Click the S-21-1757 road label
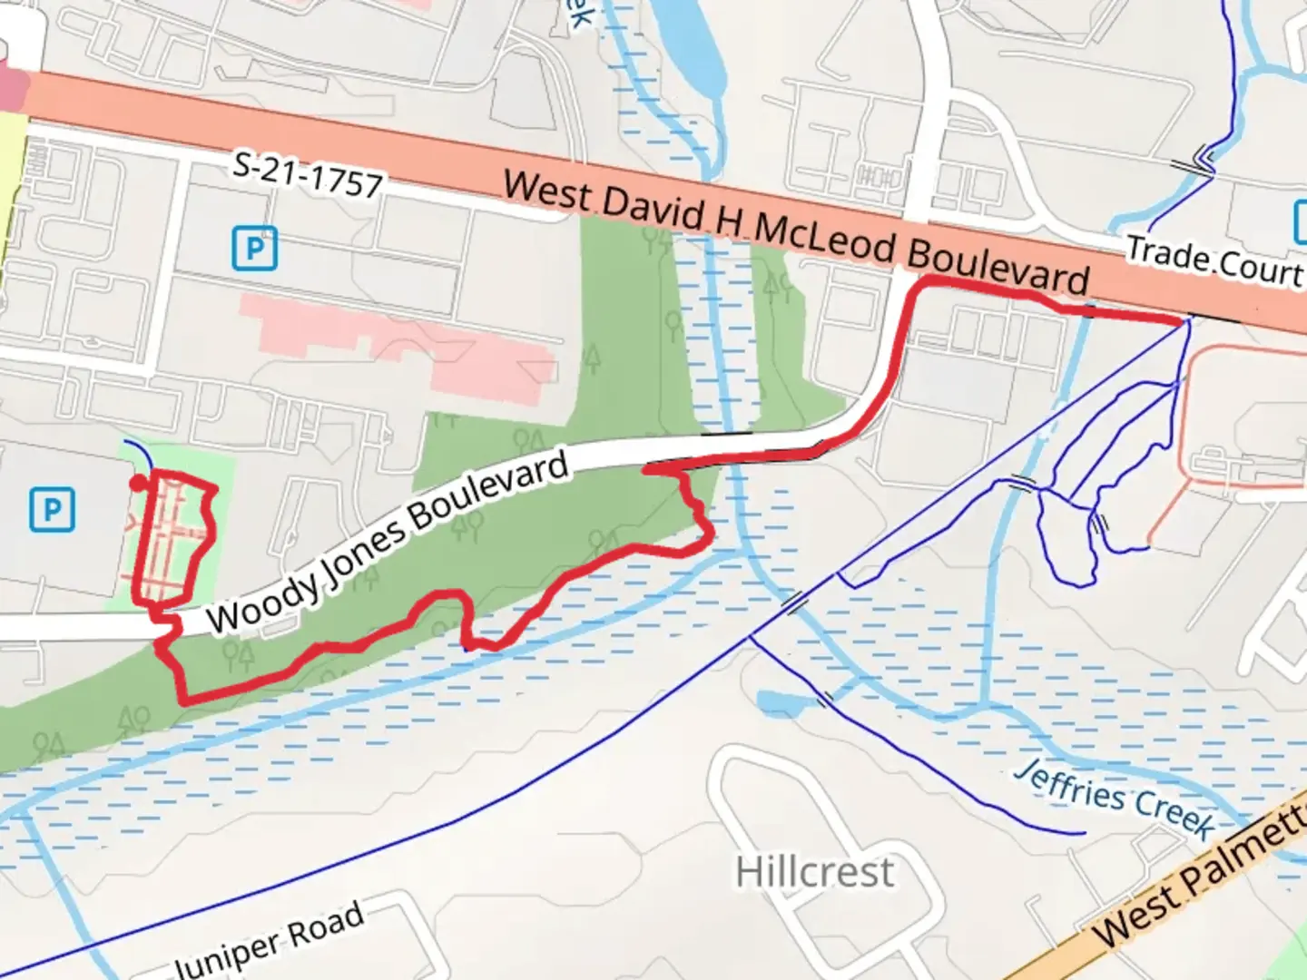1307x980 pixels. coord(308,175)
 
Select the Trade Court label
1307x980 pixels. coord(1214,260)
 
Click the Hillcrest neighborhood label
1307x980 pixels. coord(814,873)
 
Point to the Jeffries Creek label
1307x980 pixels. coord(1115,799)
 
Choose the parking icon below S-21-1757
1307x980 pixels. coord(254,249)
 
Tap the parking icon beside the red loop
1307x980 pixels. coord(52,510)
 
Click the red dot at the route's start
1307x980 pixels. coord(137,483)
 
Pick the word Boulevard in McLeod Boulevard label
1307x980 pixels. coord(997,267)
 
